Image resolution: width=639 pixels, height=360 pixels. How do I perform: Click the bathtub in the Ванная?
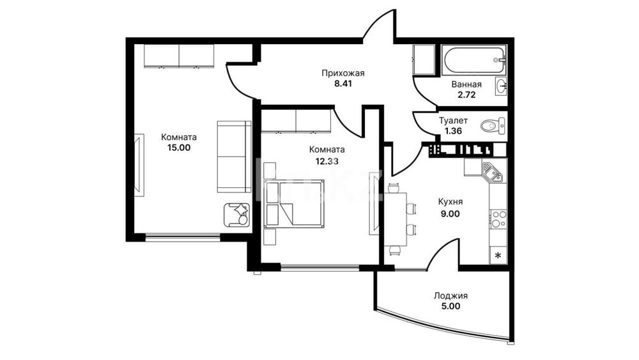coord(473,60)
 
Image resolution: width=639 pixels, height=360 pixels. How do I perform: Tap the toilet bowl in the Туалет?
coord(493,125)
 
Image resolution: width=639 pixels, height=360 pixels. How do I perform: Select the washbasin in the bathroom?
coord(501,86)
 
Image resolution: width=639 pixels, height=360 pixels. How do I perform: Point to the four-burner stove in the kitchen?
coord(498,219)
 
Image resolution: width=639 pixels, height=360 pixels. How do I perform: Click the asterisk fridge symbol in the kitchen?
coord(498,255)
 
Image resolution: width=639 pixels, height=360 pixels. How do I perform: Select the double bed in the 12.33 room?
coord(294,203)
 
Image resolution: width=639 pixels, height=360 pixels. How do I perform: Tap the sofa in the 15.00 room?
coord(234,157)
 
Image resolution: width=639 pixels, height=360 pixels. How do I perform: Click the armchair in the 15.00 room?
coord(236,215)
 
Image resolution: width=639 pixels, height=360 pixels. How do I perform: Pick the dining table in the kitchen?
coord(396,219)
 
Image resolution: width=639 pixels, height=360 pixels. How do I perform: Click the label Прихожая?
coord(343,74)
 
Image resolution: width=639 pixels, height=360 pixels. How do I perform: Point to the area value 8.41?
coord(343,84)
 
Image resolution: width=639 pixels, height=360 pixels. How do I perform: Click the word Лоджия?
coord(450,296)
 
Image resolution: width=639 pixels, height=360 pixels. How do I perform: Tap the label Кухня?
coord(450,202)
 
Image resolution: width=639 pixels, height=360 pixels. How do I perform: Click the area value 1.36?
coord(453,131)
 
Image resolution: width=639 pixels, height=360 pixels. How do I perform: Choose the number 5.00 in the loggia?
coord(450,306)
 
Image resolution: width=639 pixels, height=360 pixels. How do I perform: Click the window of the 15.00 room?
coord(183,237)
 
